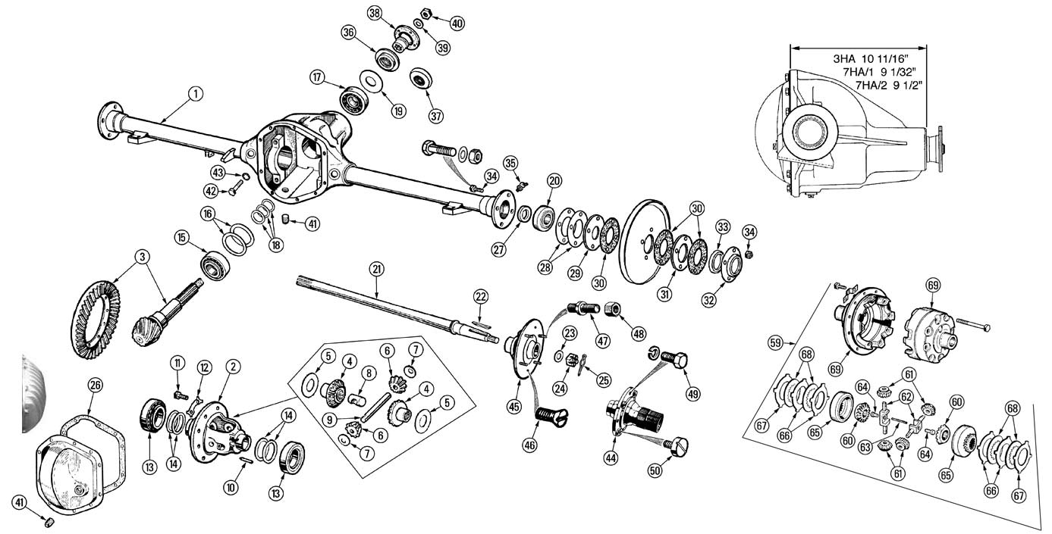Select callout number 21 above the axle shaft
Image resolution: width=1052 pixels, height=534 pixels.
point(376,269)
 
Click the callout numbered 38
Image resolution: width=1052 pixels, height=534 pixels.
point(375,13)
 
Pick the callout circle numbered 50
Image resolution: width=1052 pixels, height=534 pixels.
point(655,470)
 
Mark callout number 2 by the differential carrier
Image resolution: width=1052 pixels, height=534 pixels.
point(234,367)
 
